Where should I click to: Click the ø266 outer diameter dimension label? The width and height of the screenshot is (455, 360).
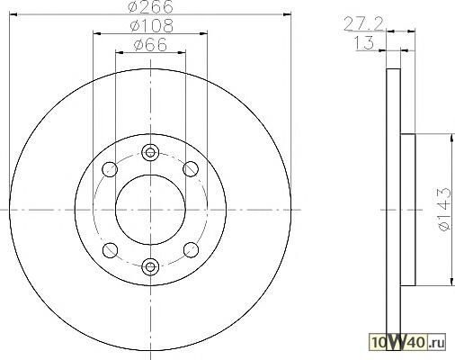click(150, 6)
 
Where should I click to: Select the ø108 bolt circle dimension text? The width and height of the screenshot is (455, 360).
click(152, 26)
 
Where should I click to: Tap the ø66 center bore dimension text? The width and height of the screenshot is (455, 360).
click(150, 45)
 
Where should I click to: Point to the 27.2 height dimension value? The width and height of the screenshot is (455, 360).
click(363, 24)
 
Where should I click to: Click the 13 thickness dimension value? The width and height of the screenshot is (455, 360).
click(364, 42)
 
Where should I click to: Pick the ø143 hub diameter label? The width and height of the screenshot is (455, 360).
click(444, 209)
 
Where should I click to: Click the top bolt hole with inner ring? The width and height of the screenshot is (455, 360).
click(150, 152)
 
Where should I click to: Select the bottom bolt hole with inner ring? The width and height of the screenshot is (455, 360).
click(150, 266)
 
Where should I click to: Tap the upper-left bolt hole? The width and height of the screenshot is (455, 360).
click(110, 169)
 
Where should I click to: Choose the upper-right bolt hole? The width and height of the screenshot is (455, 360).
click(191, 169)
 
